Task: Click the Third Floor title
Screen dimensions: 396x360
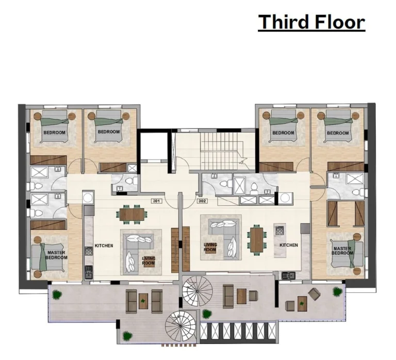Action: pos(311,22)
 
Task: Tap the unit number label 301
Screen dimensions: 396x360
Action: pos(156,201)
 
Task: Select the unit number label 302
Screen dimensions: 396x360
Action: pos(202,201)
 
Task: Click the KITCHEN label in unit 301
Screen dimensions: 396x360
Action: pos(104,246)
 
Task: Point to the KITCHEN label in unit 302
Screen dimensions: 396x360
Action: pos(289,245)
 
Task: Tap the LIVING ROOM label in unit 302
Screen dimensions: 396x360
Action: pos(210,247)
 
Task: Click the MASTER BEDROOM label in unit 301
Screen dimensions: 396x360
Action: pos(56,255)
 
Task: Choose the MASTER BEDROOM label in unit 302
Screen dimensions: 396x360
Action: pos(342,251)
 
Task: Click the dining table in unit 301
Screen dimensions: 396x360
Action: pos(132,214)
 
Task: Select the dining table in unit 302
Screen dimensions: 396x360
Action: pos(257,240)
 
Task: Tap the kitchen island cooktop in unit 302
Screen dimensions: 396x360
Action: pos(279,231)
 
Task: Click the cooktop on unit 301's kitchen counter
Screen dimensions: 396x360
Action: pos(89,251)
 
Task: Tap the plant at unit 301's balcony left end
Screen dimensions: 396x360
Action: pos(57,294)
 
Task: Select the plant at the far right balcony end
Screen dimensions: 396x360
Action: pos(337,291)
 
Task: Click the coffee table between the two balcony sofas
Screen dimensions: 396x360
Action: pos(143,301)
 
